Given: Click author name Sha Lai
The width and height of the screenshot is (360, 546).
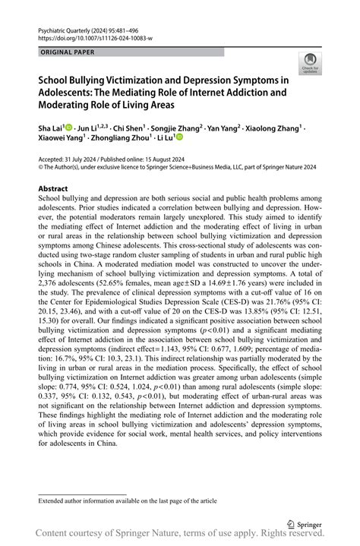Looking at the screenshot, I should tap(50, 128).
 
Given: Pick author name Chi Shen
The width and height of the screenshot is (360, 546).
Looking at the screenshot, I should tap(130, 128).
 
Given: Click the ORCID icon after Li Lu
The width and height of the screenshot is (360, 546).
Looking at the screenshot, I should tap(180, 138).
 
